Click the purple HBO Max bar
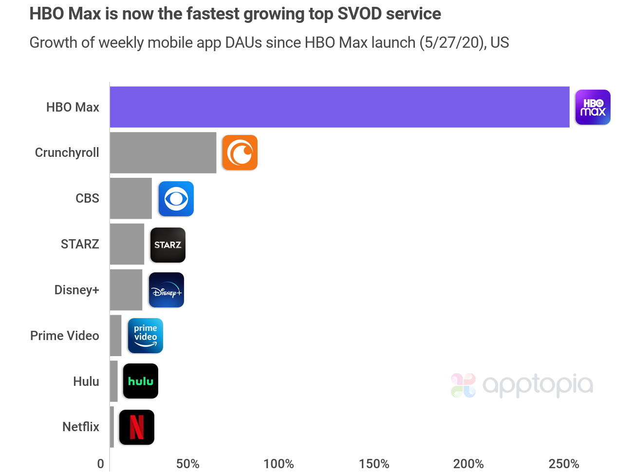tap(339, 107)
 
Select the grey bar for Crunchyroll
tap(163, 152)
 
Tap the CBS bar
tap(130, 198)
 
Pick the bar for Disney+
tap(126, 290)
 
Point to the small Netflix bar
tap(112, 427)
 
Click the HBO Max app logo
tap(593, 107)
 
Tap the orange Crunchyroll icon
tap(240, 152)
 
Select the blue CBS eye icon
tap(176, 199)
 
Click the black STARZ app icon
tap(168, 245)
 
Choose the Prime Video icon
tap(145, 336)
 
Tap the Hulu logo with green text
tap(140, 381)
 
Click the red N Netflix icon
tap(136, 427)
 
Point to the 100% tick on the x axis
tap(279, 464)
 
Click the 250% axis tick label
tap(564, 464)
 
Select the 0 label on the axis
tap(100, 464)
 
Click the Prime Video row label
tap(65, 336)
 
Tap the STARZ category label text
tap(80, 244)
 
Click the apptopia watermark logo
tap(522, 385)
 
